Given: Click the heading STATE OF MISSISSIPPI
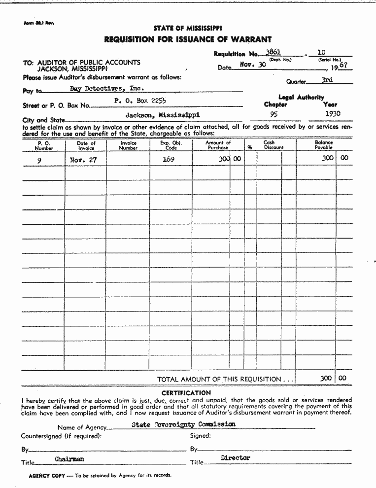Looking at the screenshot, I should (x=187, y=28).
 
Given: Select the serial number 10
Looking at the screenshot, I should (x=321, y=52).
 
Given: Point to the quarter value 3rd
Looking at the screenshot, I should (x=327, y=79).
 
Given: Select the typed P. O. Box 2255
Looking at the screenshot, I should (x=140, y=101).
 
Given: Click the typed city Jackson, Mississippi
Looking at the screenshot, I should (x=162, y=115).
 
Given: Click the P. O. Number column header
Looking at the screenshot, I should (x=44, y=145).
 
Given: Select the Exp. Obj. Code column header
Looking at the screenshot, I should (x=171, y=145).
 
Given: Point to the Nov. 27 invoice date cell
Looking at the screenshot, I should (x=83, y=160).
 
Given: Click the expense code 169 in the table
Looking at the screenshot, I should (x=169, y=159).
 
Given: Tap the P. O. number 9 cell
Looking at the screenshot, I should (x=39, y=160).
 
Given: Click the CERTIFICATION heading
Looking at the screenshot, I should (x=186, y=393).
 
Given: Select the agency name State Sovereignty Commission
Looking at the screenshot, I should (x=183, y=424).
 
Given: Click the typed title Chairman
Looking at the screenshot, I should (x=69, y=459).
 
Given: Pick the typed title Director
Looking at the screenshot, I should (x=236, y=458).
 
